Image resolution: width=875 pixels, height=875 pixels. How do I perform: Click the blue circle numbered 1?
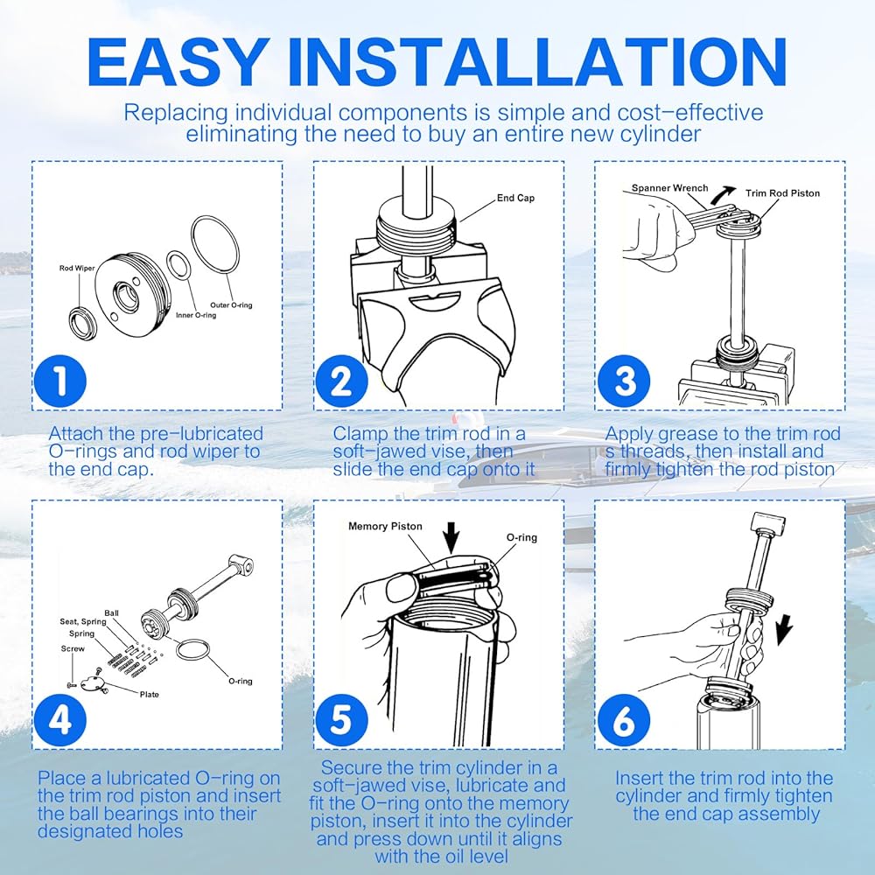tap(60, 381)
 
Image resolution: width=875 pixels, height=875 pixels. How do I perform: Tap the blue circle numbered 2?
tap(341, 381)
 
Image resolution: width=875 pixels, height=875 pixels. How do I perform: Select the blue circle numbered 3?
tap(624, 381)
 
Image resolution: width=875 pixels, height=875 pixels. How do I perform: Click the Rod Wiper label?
tap(77, 269)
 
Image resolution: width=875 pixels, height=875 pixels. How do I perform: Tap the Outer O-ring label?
tap(231, 305)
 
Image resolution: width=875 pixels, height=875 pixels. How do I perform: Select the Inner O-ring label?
tap(196, 315)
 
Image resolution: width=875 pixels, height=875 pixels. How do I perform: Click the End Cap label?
tap(515, 198)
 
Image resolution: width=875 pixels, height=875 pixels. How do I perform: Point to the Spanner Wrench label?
tap(669, 188)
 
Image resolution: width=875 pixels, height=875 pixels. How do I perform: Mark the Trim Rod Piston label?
tap(782, 193)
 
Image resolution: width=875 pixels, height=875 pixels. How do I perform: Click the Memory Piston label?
tap(385, 526)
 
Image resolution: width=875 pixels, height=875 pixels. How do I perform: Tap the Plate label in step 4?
tap(149, 695)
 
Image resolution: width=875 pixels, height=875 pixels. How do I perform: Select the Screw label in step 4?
tap(73, 649)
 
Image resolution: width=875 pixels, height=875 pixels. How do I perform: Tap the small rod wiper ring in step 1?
tap(82, 323)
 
